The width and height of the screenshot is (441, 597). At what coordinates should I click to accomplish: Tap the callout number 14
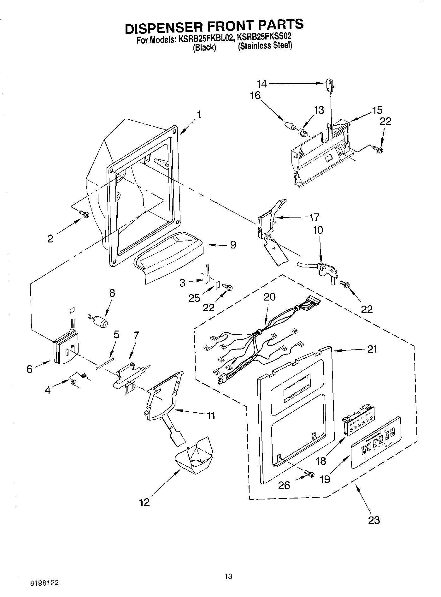pyautogui.click(x=262, y=84)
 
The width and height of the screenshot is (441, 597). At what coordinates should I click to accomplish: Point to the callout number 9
pyautogui.click(x=233, y=245)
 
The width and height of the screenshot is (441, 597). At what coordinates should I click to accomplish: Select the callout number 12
pyautogui.click(x=145, y=502)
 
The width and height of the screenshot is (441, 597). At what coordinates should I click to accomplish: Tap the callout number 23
pyautogui.click(x=374, y=520)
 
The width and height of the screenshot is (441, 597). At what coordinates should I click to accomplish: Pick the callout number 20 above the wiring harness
pyautogui.click(x=269, y=296)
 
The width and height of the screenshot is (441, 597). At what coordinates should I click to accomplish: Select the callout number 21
pyautogui.click(x=372, y=349)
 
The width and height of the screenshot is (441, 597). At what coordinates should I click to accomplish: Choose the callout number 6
pyautogui.click(x=30, y=369)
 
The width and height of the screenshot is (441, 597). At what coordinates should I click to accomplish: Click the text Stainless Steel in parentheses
pyautogui.click(x=265, y=46)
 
